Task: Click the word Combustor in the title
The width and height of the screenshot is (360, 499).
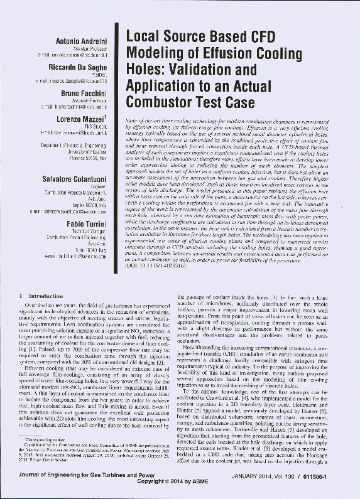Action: click(160, 100)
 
